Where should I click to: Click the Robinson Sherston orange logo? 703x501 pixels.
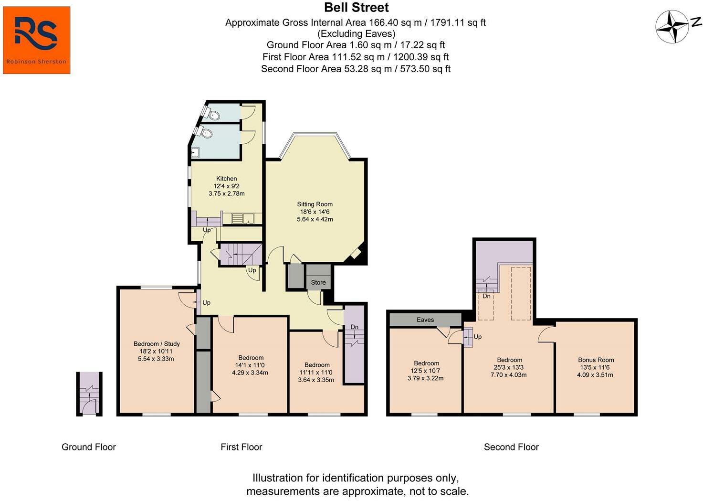coord(36,40)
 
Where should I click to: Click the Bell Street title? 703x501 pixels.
coord(356,8)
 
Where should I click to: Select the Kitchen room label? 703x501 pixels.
coord(227,179)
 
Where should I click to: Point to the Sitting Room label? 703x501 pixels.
coord(315,204)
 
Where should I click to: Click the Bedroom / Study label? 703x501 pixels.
coord(157,344)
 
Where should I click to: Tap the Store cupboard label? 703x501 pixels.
coord(318,282)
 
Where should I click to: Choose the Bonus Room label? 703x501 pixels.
coord(596,360)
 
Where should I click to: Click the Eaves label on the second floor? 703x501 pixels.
coord(425,320)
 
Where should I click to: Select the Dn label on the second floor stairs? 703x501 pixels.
coord(486,296)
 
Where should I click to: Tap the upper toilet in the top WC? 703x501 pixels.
coord(213,115)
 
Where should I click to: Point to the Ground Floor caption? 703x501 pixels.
coord(88,447)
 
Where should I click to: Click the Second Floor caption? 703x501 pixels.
coord(511,447)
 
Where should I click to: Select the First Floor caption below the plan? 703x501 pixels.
coord(241,447)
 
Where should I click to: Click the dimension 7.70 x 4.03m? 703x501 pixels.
coord(509,375)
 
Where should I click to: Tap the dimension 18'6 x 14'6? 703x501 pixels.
coord(315,212)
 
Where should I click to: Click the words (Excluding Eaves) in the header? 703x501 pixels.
coord(356,33)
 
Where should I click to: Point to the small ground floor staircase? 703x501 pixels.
coord(89,394)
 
